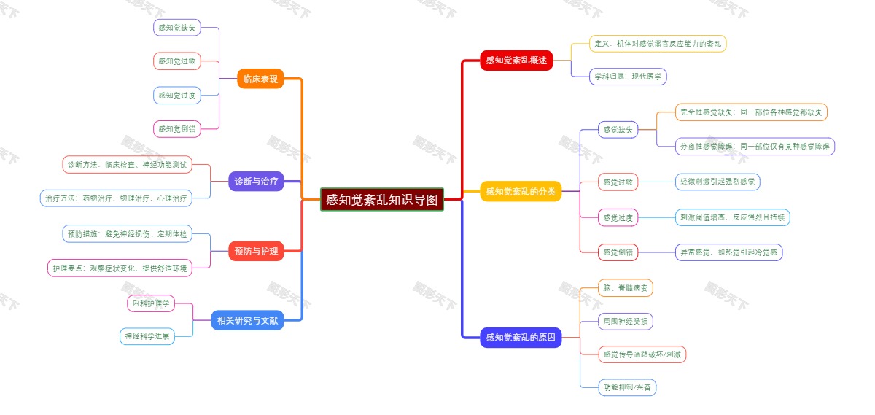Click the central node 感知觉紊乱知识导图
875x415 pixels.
click(382, 199)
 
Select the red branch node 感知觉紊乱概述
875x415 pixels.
click(516, 61)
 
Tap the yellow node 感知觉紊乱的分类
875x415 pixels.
click(521, 191)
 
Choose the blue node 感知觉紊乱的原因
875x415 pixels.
click(521, 337)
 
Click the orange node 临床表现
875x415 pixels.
click(260, 79)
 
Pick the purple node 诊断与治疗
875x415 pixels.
click(256, 182)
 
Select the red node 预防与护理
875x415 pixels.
click(256, 251)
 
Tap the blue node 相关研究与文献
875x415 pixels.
click(248, 319)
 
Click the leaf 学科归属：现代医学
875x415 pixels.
click(628, 76)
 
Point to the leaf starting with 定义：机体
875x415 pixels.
click(658, 44)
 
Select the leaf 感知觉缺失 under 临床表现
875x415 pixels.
click(176, 28)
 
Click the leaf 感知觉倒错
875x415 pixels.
click(176, 128)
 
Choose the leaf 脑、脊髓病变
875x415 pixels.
click(625, 288)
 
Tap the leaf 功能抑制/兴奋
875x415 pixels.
click(627, 387)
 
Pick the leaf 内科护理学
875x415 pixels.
click(151, 303)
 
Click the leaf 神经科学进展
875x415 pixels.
click(147, 336)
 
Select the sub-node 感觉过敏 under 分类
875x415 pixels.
click(618, 182)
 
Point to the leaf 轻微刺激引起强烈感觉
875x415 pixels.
click(717, 182)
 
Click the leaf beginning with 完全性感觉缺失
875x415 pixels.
click(751, 112)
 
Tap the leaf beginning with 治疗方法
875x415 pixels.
click(116, 198)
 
